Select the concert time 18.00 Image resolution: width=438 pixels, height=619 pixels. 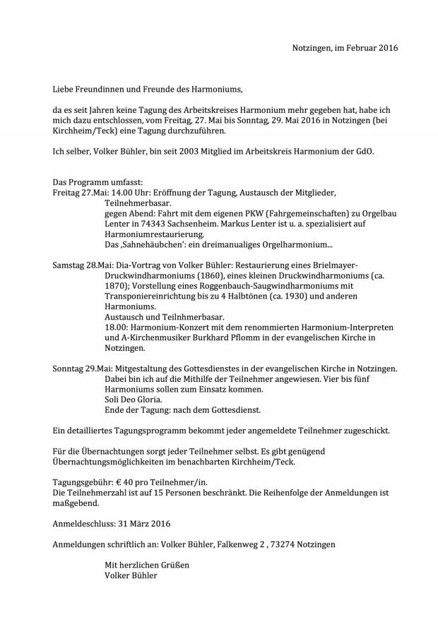[115, 327]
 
